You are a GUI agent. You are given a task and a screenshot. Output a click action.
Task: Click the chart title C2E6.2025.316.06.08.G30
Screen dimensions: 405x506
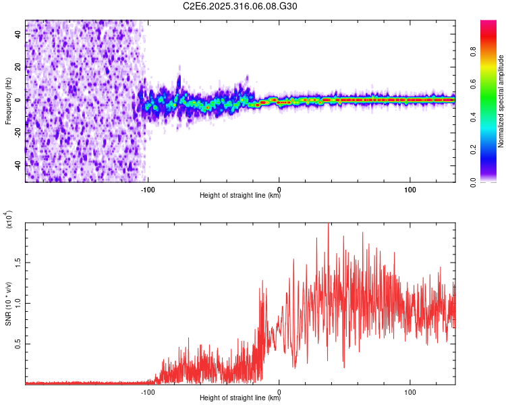click(x=241, y=7)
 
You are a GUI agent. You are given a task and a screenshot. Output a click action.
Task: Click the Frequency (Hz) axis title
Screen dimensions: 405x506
click(x=8, y=101)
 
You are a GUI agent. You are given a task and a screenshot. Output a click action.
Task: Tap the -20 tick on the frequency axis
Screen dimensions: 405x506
click(x=18, y=132)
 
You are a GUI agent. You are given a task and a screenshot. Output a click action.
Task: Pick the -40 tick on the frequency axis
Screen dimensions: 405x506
click(x=18, y=165)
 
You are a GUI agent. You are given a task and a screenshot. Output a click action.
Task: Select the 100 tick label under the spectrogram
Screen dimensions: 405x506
click(x=410, y=189)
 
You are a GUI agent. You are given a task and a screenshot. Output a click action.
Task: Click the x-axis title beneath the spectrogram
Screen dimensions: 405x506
click(x=240, y=196)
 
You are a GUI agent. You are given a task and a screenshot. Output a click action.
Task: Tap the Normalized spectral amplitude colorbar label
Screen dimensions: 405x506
click(x=501, y=101)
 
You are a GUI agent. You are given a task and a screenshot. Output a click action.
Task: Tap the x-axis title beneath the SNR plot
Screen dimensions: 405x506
click(x=240, y=398)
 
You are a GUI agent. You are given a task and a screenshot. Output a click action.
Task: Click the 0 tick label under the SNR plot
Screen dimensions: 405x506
click(x=279, y=391)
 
